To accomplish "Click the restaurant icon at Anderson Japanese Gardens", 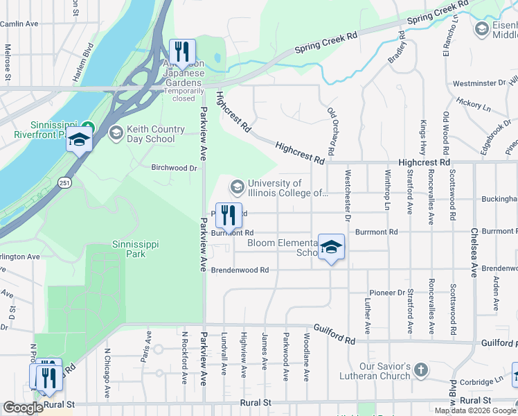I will tap(182, 52).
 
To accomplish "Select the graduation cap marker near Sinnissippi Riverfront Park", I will tap(79, 139).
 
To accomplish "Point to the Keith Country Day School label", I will tap(151, 134).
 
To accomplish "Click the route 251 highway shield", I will tap(64, 182).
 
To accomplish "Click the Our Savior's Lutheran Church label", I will tap(386, 371).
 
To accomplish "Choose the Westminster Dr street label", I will tap(479, 83).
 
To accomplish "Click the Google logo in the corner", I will tap(23, 408).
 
